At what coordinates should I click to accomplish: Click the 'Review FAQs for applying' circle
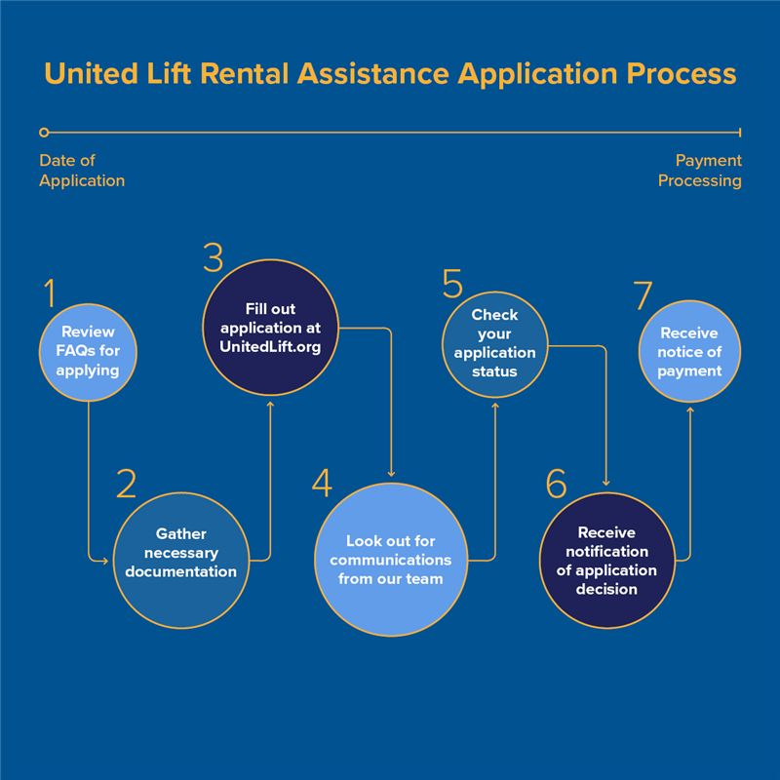pyautogui.click(x=88, y=352)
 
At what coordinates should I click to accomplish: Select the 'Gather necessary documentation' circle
pyautogui.click(x=181, y=561)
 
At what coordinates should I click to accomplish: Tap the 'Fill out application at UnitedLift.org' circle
pyautogui.click(x=271, y=328)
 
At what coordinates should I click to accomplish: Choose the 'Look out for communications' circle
pyautogui.click(x=391, y=560)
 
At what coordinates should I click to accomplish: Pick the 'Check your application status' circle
pyautogui.click(x=495, y=345)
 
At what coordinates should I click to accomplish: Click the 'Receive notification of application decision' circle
pyautogui.click(x=606, y=561)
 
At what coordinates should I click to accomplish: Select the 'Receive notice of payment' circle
pyautogui.click(x=689, y=351)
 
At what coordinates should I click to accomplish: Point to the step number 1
pyautogui.click(x=50, y=292)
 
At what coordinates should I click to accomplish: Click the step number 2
pyautogui.click(x=127, y=483)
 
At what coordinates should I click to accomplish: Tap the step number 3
pyautogui.click(x=214, y=257)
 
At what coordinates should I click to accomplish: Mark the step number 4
pyautogui.click(x=323, y=483)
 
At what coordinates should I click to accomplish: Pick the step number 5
pyautogui.click(x=452, y=284)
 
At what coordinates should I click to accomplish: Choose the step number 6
pyautogui.click(x=556, y=483)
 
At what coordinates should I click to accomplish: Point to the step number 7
pyautogui.click(x=643, y=295)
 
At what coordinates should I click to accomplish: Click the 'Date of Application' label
pyautogui.click(x=82, y=171)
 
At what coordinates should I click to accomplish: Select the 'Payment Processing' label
pyautogui.click(x=700, y=171)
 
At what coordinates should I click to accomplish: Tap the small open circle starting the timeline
pyautogui.click(x=44, y=133)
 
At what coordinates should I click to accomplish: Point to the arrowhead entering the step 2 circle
pyautogui.click(x=104, y=562)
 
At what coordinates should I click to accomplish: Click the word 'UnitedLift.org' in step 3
pyautogui.click(x=270, y=347)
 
